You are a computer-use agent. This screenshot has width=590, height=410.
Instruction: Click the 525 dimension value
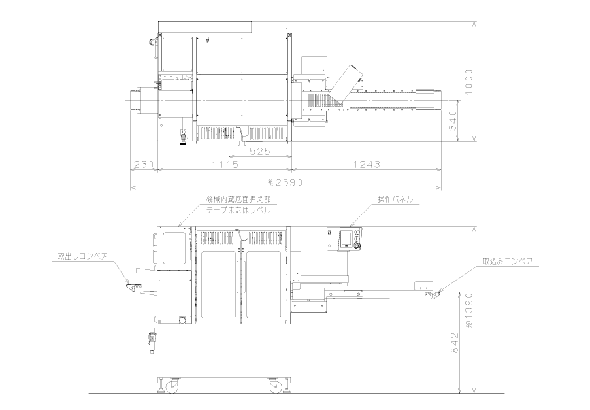(260, 151)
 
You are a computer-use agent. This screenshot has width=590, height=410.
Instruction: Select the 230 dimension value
(144, 164)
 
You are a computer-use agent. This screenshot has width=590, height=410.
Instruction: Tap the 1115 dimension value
(225, 164)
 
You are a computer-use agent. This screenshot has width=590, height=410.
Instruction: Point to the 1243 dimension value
(367, 164)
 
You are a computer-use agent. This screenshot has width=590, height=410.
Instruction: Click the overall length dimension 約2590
(286, 182)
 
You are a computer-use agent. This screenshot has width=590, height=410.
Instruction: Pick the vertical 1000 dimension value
(468, 82)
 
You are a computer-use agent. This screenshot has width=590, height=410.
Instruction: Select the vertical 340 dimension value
(453, 120)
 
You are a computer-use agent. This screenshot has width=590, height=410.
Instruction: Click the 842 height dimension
(455, 343)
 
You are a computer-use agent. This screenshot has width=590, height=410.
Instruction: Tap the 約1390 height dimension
(469, 310)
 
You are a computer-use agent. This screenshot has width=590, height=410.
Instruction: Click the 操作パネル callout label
(395, 199)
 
